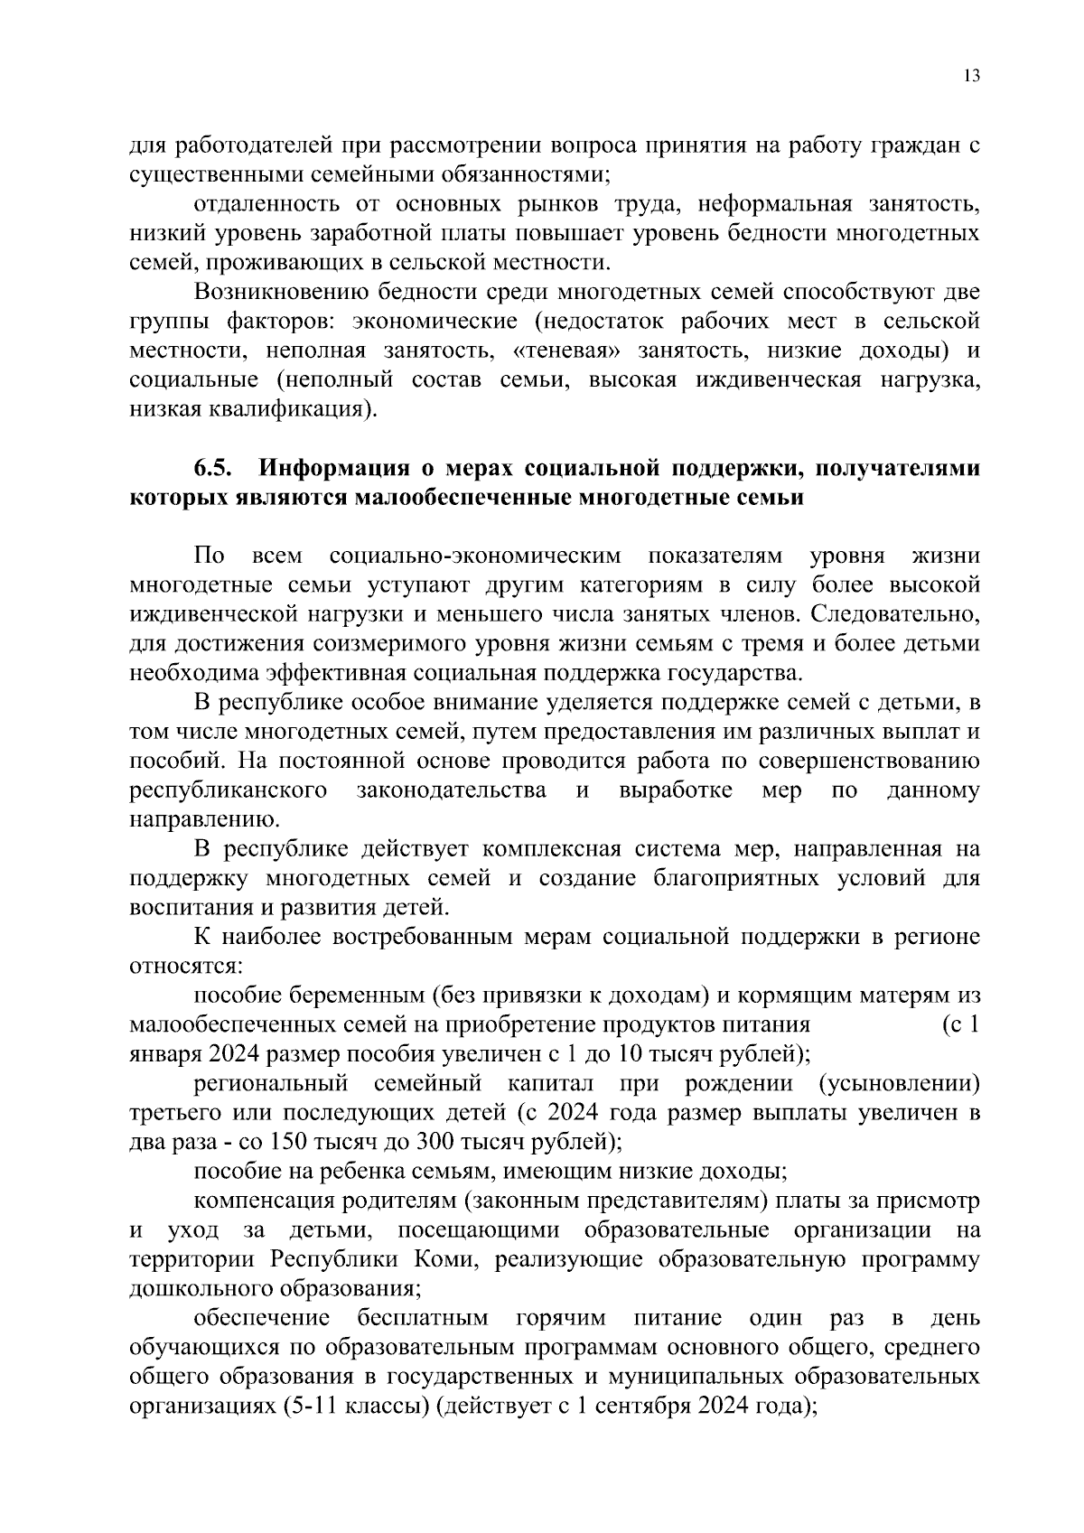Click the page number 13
(971, 76)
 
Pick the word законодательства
(452, 790)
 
